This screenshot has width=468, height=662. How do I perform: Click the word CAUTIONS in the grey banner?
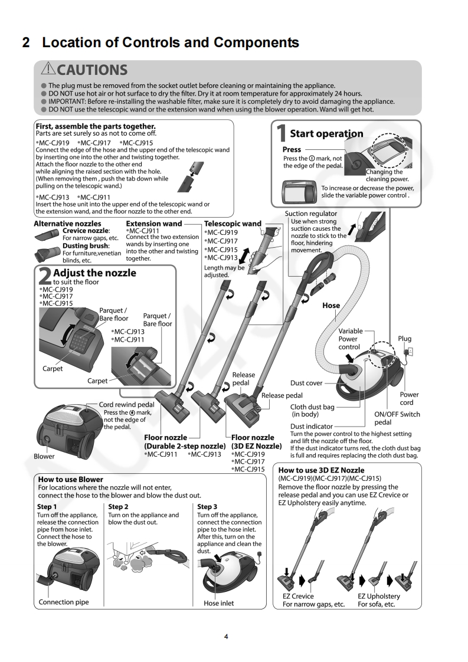[93, 70]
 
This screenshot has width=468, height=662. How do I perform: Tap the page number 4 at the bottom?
[226, 637]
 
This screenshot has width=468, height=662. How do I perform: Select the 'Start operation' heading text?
[326, 133]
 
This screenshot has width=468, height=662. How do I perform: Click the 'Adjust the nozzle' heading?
[94, 273]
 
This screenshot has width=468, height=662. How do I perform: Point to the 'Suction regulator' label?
[311, 214]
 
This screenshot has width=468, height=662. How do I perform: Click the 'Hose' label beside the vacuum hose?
[331, 305]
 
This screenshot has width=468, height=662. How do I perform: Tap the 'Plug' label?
[404, 339]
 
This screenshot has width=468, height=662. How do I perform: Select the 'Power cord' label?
[409, 398]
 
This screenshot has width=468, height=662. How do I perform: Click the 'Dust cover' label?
[306, 383]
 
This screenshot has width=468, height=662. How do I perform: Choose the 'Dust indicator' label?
[312, 426]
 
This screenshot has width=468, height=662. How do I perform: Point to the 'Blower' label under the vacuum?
[44, 456]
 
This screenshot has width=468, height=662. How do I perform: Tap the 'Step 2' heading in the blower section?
[119, 506]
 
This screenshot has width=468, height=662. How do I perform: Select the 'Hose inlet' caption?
[219, 603]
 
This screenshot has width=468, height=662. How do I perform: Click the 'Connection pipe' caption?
[64, 602]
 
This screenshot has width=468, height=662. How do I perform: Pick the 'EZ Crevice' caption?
[298, 596]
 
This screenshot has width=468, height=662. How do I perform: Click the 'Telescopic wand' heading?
[233, 224]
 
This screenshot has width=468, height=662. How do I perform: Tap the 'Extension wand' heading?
[154, 224]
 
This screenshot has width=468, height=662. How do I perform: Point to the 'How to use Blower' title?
[70, 479]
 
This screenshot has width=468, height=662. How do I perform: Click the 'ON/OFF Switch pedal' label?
[397, 418]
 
